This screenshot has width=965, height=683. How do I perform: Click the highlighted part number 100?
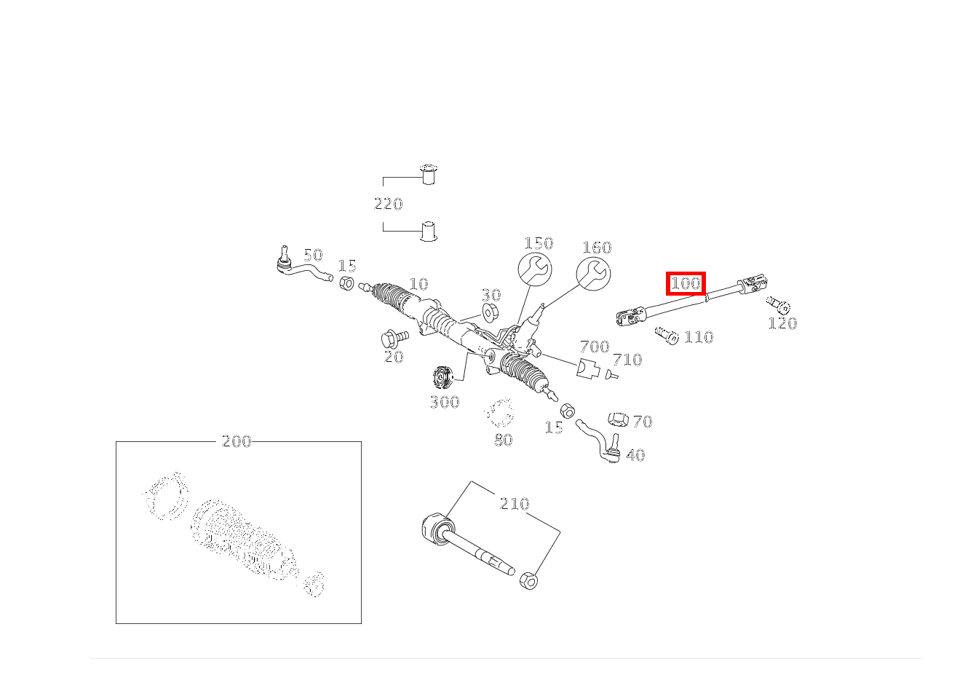click(686, 283)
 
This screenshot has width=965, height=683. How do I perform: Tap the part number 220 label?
click(388, 204)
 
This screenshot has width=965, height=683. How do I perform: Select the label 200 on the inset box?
click(237, 441)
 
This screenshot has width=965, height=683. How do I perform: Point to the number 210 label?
click(514, 504)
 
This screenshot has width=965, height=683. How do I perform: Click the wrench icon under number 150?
click(535, 271)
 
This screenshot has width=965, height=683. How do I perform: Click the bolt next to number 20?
click(394, 338)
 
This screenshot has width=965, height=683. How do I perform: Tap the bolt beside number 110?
click(667, 335)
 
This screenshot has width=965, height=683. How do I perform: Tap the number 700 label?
click(594, 347)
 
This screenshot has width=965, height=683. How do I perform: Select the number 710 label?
click(627, 360)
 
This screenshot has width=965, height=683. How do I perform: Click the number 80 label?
click(503, 440)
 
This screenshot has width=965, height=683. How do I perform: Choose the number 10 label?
click(418, 284)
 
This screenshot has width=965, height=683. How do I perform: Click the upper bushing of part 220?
click(429, 175)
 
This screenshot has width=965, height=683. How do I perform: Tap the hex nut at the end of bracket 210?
click(529, 581)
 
